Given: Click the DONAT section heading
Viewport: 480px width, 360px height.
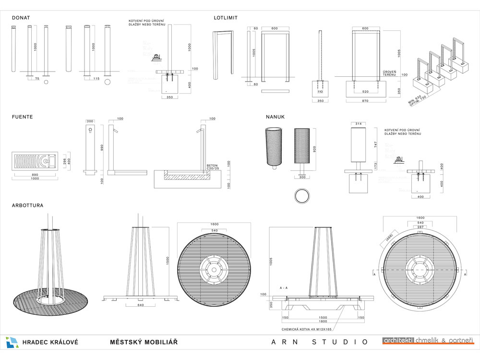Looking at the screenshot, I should coord(21,18).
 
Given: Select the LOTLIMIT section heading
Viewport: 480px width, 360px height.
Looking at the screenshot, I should coord(226,18).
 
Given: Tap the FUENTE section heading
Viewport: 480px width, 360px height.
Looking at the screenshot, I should coord(23,117).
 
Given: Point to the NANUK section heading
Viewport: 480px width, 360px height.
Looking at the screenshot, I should coord(276,117).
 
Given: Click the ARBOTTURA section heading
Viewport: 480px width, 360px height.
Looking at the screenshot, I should coord(27,205).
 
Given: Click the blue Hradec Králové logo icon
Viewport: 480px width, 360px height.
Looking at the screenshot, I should coord(12,342).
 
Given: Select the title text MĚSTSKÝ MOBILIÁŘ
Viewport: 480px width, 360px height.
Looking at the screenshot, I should coord(144,342).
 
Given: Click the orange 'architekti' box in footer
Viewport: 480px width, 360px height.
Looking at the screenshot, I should coord(398,341).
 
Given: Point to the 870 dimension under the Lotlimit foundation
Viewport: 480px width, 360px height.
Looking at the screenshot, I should coord(365,101).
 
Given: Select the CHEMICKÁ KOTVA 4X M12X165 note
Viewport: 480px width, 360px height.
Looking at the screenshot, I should coord(307,330).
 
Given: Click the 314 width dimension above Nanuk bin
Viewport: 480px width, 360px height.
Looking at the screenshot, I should coord(357,124).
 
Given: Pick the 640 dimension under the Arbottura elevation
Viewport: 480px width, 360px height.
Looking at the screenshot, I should coord(141,305).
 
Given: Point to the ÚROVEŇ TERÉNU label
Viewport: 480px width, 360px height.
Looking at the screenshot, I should coord(389,73).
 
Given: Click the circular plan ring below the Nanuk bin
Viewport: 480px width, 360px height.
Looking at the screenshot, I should coord(302,196).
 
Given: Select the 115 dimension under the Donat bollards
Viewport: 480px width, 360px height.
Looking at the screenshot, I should coord(96,79).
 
